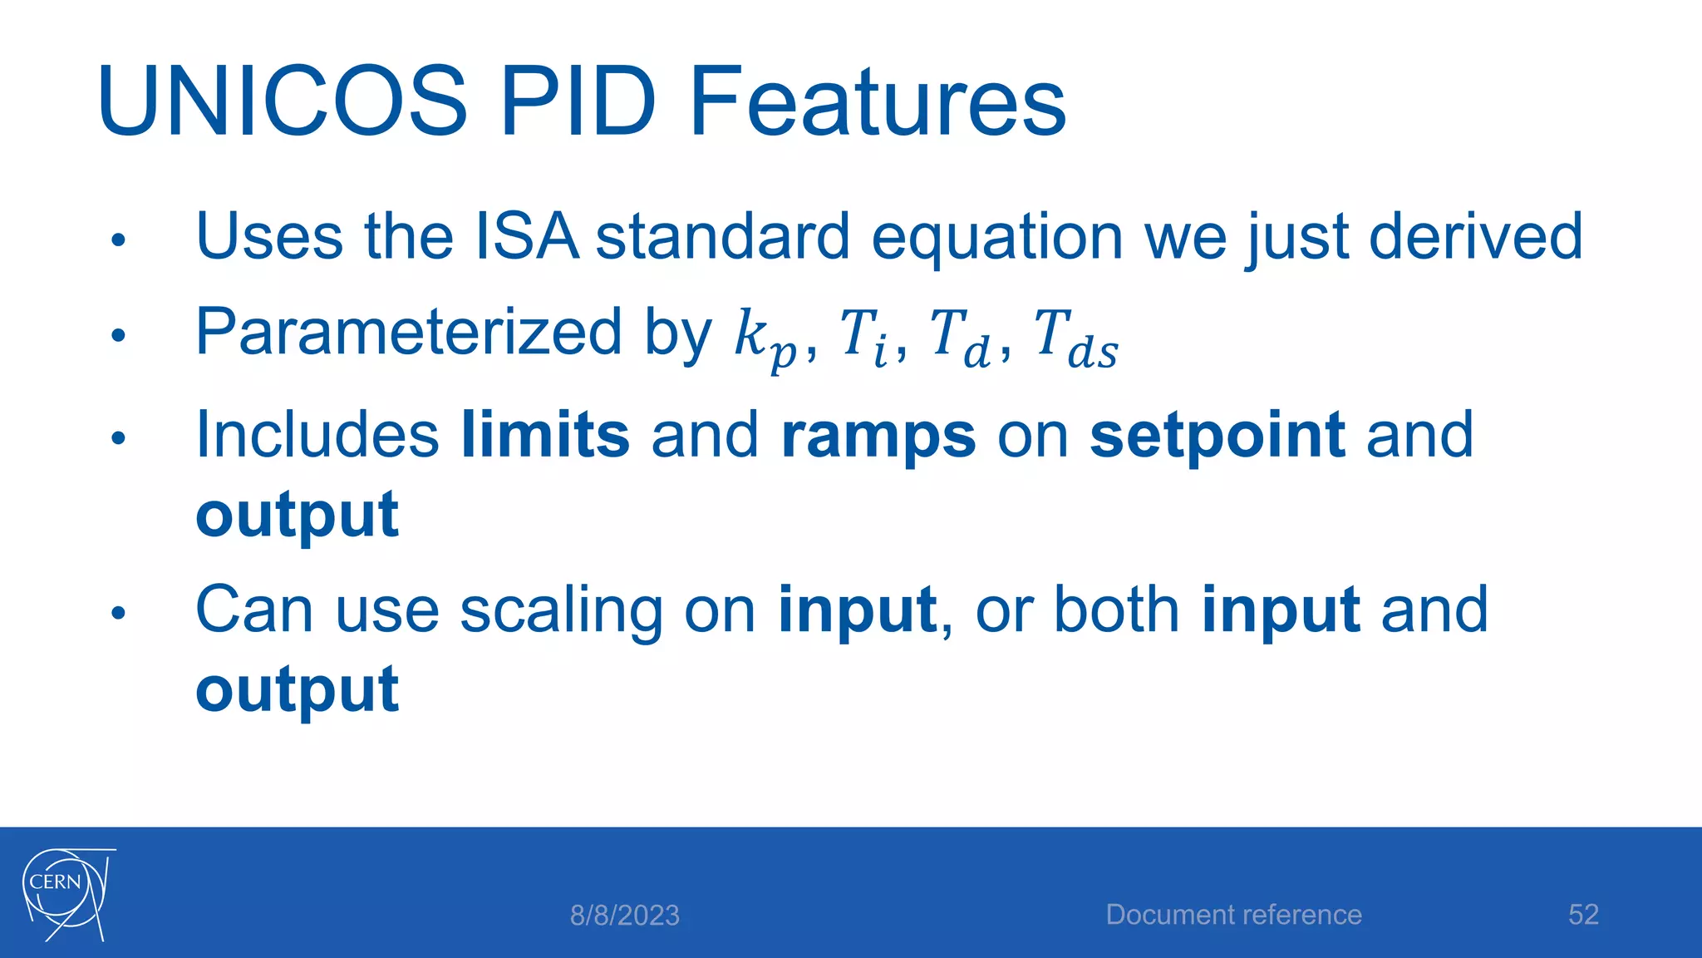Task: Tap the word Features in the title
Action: point(878,102)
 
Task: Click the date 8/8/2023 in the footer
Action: point(624,916)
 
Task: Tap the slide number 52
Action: point(1583,915)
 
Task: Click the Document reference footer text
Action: point(1233,915)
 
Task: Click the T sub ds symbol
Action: point(1075,337)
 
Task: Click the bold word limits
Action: point(545,435)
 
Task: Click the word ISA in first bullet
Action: point(526,237)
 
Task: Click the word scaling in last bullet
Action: point(561,611)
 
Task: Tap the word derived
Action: point(1475,237)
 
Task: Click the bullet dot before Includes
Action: point(118,437)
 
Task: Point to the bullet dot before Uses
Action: point(118,241)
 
